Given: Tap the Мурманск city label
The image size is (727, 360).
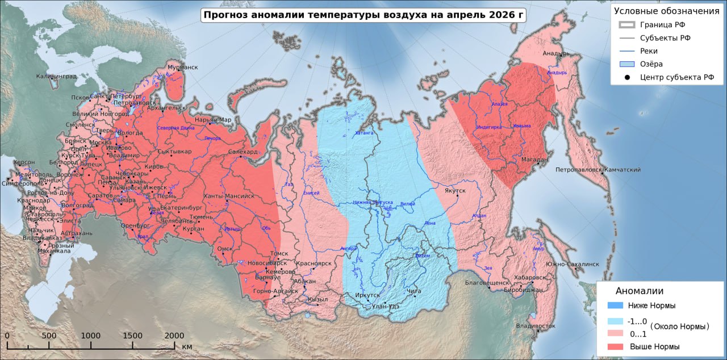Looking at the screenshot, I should [182, 68].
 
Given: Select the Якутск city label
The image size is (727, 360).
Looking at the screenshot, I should [455, 191].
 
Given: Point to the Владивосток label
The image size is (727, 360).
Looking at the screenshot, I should [536, 326].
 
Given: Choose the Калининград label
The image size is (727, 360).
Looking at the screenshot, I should [56, 76].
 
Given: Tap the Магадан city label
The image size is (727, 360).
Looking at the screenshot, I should [532, 160].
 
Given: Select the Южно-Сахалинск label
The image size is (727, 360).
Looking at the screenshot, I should [572, 264].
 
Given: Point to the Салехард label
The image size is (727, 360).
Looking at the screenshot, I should [243, 152].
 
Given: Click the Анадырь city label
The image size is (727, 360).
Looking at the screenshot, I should [556, 54].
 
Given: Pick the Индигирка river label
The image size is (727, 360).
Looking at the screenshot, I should [489, 127].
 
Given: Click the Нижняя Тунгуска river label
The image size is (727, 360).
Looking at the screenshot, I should [373, 202].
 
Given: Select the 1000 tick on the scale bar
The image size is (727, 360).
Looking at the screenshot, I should [91, 336].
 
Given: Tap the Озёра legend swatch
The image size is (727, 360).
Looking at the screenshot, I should [625, 64].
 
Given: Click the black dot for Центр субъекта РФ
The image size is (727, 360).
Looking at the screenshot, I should [625, 77].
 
